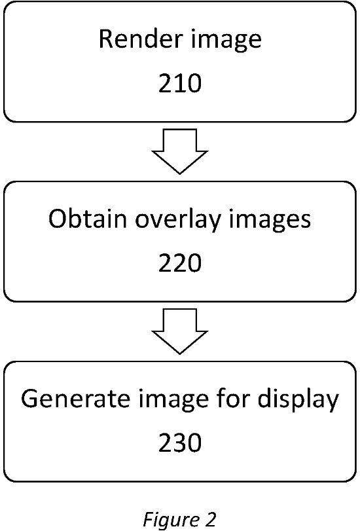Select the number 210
pyautogui.click(x=180, y=83)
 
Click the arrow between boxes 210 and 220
pyautogui.click(x=180, y=151)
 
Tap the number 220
pyautogui.click(x=180, y=263)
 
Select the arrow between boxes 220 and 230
pyautogui.click(x=180, y=331)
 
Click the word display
pyautogui.click(x=298, y=400)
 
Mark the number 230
pyautogui.click(x=180, y=443)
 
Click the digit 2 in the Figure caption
pyautogui.click(x=209, y=519)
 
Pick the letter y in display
pyautogui.click(x=332, y=403)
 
